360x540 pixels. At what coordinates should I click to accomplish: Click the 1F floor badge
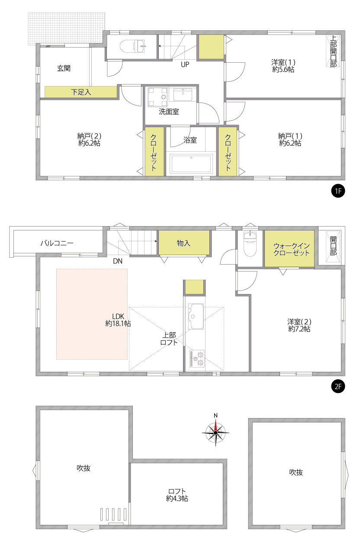(338, 191)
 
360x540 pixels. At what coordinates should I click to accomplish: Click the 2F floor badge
(338, 387)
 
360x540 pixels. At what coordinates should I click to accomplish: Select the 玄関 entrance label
(64, 68)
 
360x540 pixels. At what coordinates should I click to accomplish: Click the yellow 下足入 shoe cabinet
(81, 92)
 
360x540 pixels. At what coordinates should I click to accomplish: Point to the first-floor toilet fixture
(132, 46)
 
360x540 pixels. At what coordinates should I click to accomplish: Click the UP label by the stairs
(185, 64)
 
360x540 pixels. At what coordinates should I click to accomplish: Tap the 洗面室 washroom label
(169, 112)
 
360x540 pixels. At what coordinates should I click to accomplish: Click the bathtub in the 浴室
(191, 164)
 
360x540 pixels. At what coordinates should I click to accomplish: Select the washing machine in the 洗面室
(158, 97)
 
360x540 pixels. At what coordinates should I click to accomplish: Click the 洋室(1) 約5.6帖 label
(283, 66)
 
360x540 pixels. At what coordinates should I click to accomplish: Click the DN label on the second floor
(118, 261)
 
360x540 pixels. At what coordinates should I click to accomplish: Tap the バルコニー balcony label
(57, 243)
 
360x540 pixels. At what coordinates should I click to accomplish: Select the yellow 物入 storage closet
(184, 243)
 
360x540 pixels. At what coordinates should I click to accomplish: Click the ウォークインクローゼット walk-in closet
(289, 249)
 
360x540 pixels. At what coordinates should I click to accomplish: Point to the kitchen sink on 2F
(196, 316)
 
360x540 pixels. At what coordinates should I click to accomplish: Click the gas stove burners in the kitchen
(197, 359)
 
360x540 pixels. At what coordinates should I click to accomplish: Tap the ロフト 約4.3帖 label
(177, 495)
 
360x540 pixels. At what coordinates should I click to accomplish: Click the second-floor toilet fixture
(250, 244)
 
